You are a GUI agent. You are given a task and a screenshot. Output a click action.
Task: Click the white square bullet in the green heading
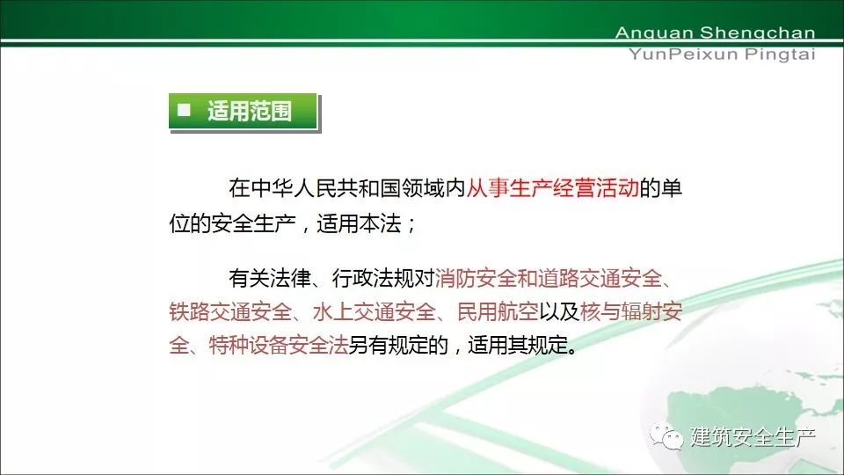coord(184,110)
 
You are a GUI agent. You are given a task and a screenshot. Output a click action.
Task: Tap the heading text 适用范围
coord(250,111)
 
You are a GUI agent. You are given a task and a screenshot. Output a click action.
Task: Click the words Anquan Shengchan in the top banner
coord(715,33)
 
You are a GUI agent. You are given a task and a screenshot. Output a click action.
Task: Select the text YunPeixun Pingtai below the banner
coord(722,55)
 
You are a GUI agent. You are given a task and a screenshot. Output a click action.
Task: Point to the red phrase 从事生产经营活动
coord(552,188)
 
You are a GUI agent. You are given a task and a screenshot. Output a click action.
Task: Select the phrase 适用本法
coord(359,223)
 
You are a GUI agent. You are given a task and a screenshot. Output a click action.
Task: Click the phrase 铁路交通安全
coord(231,311)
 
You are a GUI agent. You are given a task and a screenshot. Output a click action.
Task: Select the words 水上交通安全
coord(375,311)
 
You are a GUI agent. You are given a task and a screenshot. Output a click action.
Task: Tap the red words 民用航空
coord(498,311)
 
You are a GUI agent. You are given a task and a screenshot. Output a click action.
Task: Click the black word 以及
coord(559,311)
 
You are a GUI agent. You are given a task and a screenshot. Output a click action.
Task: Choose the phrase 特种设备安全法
coord(279,345)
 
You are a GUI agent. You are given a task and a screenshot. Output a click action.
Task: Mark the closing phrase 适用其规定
coord(518,345)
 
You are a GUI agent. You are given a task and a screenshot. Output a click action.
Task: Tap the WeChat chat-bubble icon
coord(666,436)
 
